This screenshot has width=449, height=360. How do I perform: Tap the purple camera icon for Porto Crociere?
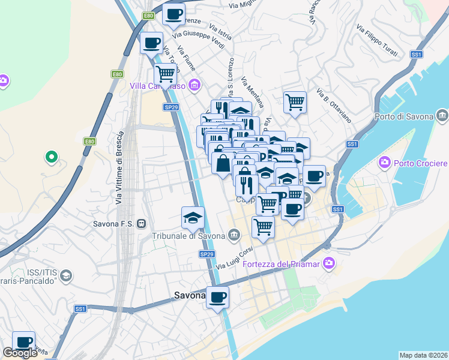[384, 163]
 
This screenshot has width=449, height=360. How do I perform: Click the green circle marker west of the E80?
[52, 158]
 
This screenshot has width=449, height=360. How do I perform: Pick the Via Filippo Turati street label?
[376, 41]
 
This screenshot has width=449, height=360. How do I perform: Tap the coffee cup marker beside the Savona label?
[217, 296]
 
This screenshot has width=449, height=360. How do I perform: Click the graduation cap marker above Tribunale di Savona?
[193, 218]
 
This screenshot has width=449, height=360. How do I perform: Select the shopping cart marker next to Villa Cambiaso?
[165, 74]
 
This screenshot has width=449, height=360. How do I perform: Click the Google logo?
[20, 353]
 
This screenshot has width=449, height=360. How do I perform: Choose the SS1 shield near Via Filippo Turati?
[417, 54]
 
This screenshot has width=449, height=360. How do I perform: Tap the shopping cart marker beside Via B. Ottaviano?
[295, 101]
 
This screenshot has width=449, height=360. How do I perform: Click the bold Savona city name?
[190, 295]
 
